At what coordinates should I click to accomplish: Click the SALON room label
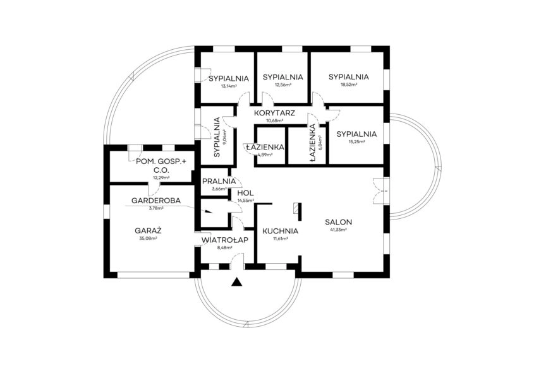339,222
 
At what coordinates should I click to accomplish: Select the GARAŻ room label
149,230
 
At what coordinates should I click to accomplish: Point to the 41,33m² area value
339,230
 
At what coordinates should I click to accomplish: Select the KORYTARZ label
275,112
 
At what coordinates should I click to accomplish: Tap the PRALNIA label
215,182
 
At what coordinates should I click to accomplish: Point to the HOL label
245,193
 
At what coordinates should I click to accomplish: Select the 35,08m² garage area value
149,238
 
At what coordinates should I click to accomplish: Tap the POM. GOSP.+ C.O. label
162,166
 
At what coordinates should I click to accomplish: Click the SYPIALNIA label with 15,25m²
356,134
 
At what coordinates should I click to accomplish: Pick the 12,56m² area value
282,85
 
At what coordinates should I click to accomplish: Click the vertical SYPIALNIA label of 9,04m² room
217,137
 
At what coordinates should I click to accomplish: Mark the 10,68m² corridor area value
275,120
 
